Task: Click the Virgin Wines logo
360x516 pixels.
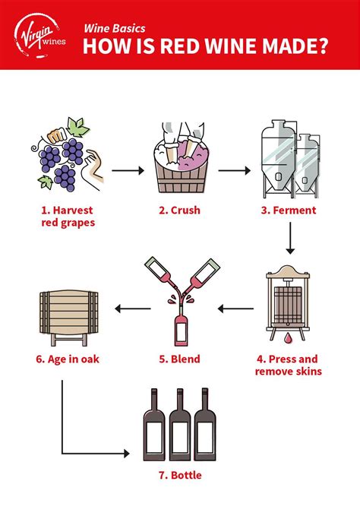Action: pos(39,36)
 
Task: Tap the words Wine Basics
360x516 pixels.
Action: pos(115,28)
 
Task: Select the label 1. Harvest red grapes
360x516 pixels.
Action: pos(68,217)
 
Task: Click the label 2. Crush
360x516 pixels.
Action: pos(179,210)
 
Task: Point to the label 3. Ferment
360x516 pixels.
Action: pos(289,210)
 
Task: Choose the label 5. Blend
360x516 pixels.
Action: pos(179,359)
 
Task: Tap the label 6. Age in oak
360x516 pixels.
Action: pos(68,359)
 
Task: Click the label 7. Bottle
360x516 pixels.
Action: pos(180,475)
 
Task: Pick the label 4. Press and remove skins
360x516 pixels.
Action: pos(289,365)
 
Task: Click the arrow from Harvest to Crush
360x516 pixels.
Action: pos(128,170)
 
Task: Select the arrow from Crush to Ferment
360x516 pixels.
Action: pos(234,170)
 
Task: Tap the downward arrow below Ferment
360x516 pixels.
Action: pos(290,239)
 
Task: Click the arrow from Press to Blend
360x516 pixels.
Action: pos(235,309)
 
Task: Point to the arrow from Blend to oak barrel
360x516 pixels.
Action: pos(133,309)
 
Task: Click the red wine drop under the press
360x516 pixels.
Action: pos(289,337)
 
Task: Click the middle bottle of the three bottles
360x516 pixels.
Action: pos(180,425)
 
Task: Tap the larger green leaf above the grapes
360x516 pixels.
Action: pos(77,126)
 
